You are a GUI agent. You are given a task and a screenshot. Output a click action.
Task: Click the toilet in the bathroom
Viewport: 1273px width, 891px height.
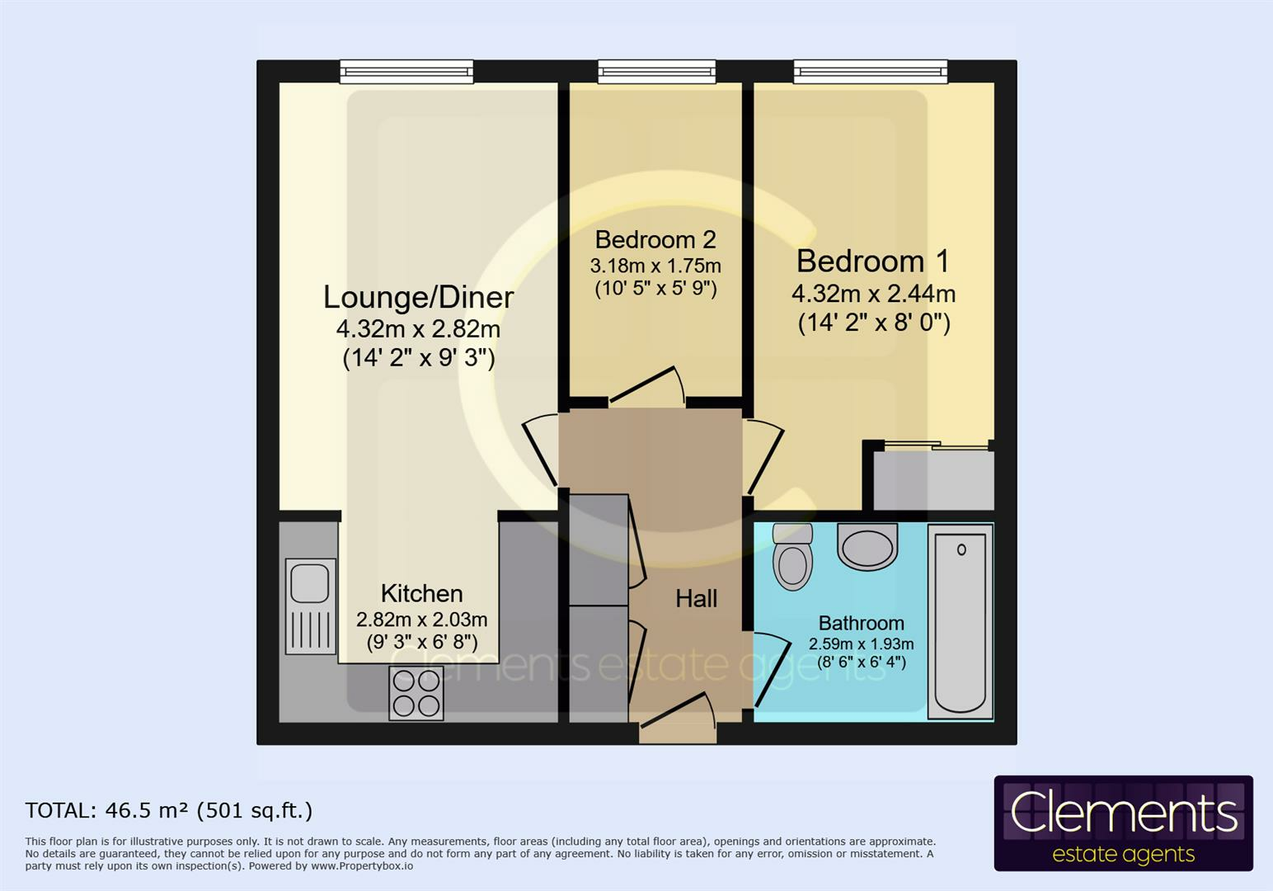pos(792,557)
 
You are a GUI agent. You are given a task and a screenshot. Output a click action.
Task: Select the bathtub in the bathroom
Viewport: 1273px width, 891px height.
pos(961,621)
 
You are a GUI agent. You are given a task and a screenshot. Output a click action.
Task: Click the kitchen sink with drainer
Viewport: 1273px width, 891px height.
pos(310,606)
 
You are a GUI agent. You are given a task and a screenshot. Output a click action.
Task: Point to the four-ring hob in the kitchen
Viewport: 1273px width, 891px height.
pos(416,693)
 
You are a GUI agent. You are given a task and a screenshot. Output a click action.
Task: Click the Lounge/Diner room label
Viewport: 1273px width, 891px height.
pos(418,297)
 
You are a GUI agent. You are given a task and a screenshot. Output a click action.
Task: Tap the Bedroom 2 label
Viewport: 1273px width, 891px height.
pos(655,240)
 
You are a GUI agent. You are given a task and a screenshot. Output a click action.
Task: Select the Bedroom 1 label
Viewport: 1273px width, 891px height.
pos(873,262)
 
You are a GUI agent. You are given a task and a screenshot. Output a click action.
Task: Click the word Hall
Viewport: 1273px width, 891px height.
pos(696,599)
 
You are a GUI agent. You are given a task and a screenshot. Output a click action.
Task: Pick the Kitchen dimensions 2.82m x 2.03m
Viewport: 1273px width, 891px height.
pos(421,620)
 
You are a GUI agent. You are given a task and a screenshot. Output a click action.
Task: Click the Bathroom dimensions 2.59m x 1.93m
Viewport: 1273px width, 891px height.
pos(861,643)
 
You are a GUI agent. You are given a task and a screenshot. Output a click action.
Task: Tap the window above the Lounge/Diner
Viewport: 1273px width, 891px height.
pos(406,72)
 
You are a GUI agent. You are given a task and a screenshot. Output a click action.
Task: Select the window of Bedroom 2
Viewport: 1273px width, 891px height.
pos(656,72)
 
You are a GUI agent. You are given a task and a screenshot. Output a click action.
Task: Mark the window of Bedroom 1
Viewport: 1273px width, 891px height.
pos(870,72)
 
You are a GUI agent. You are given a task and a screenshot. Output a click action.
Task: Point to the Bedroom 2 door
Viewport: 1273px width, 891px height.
pos(647,385)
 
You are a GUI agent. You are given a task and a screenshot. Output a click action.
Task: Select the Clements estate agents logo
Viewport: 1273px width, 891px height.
pos(1123,823)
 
